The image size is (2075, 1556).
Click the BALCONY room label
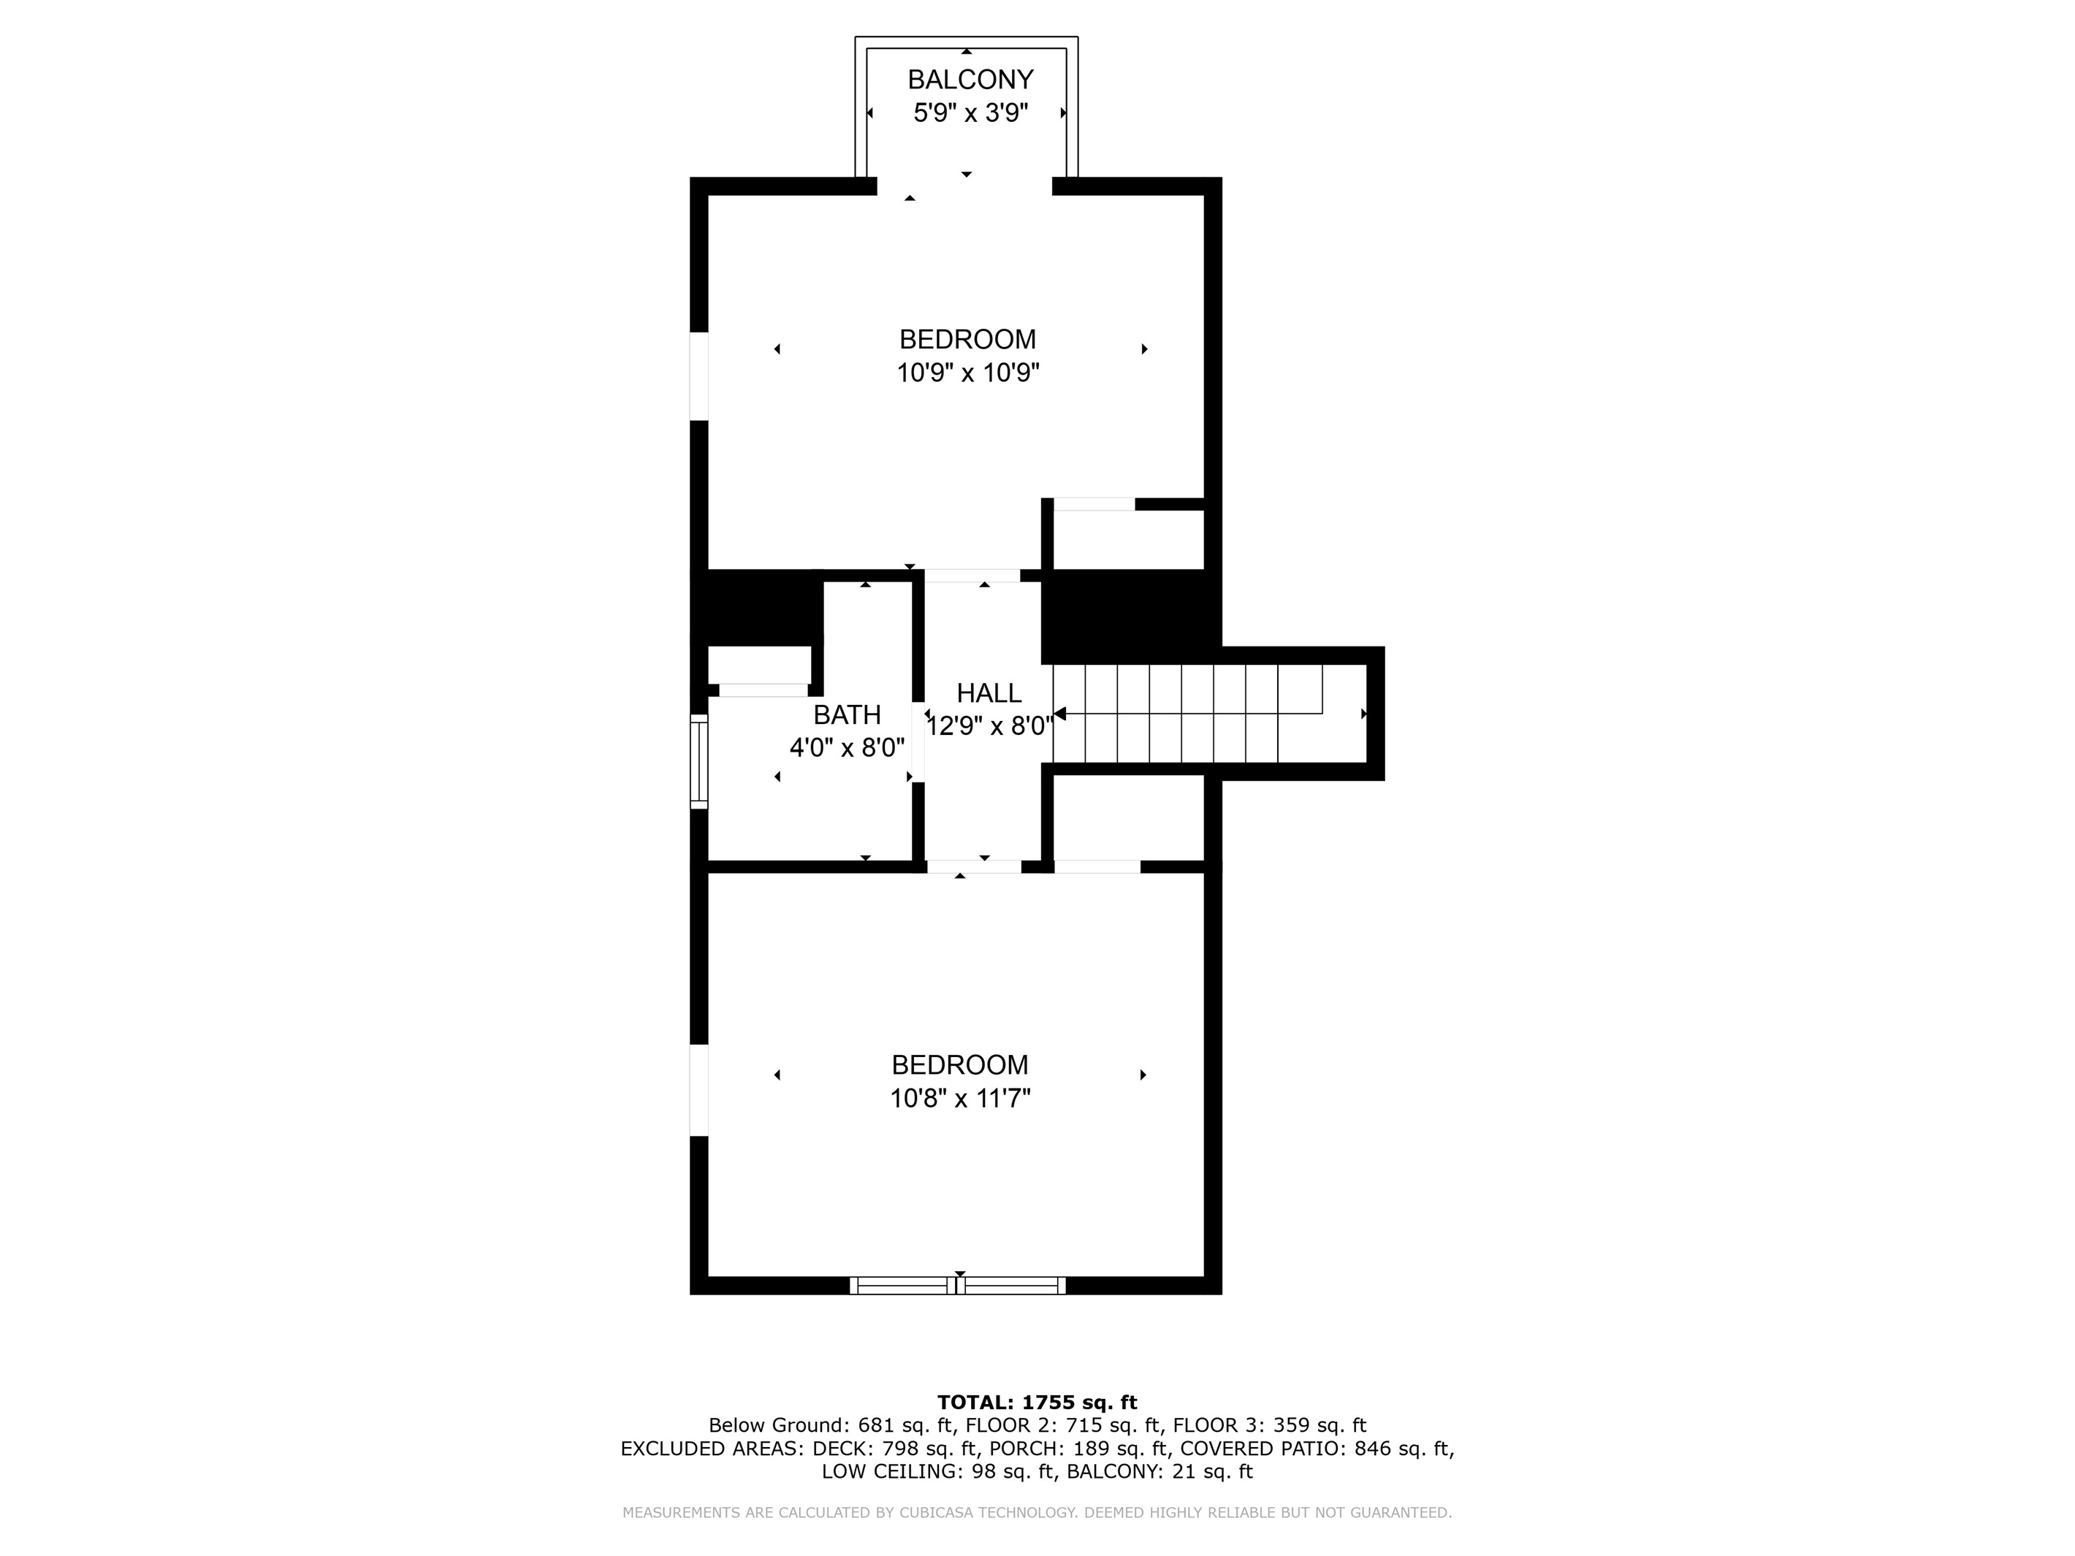point(970,79)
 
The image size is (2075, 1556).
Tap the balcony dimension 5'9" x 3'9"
point(971,112)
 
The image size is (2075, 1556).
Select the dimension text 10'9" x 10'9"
point(968,373)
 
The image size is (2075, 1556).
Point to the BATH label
point(847,714)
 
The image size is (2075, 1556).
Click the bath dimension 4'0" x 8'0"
point(847,747)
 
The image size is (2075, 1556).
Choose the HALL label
point(989,693)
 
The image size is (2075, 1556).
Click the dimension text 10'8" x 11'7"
point(959,1098)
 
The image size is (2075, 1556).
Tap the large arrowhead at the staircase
point(1060,714)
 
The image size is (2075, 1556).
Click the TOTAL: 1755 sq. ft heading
point(1037,1402)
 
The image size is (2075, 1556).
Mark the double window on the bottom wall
point(958,1286)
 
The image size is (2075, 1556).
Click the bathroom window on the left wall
point(699,762)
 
